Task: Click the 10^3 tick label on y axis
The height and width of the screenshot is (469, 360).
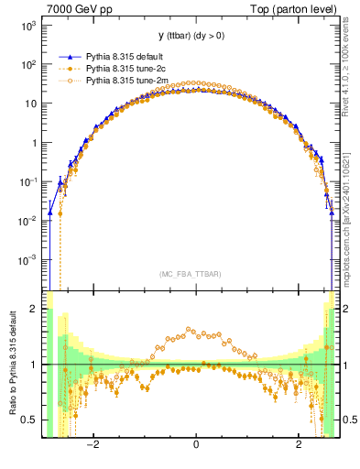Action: click(x=27, y=26)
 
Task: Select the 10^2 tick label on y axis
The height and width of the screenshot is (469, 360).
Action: click(x=27, y=65)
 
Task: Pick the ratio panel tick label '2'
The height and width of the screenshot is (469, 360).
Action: click(x=33, y=310)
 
